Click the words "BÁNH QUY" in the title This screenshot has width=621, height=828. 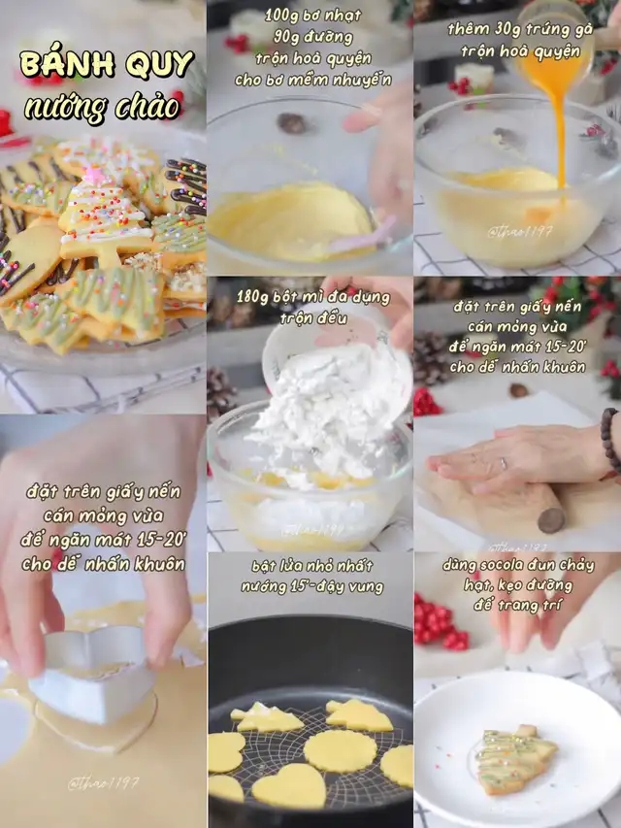107,65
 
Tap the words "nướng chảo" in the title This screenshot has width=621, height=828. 103,108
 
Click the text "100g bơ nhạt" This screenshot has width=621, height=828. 312,15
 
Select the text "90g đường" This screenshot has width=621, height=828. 312,37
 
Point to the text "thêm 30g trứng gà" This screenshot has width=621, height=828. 520,29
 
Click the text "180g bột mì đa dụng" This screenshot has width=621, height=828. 313,297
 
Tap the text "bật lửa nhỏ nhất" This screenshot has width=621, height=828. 312,567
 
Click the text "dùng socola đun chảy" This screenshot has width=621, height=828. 518,565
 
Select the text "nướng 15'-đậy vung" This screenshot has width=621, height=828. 312,586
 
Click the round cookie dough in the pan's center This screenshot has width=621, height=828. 341,750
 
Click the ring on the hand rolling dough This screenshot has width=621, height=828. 504,464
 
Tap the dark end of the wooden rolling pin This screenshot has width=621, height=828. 551,520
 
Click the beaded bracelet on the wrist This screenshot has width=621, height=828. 610,440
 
